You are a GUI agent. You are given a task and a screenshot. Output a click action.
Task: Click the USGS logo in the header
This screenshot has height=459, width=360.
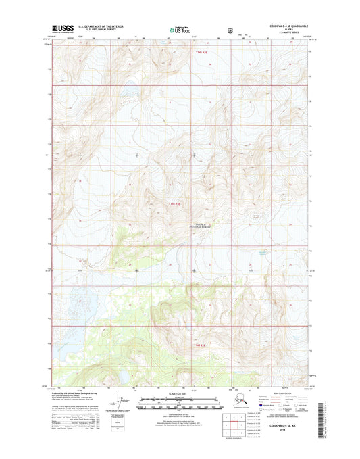coord(62,29)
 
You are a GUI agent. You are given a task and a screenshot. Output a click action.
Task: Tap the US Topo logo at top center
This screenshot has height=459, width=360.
coord(179,30)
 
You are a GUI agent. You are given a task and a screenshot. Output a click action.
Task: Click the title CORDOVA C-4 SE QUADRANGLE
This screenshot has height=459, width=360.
coord(279,25)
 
